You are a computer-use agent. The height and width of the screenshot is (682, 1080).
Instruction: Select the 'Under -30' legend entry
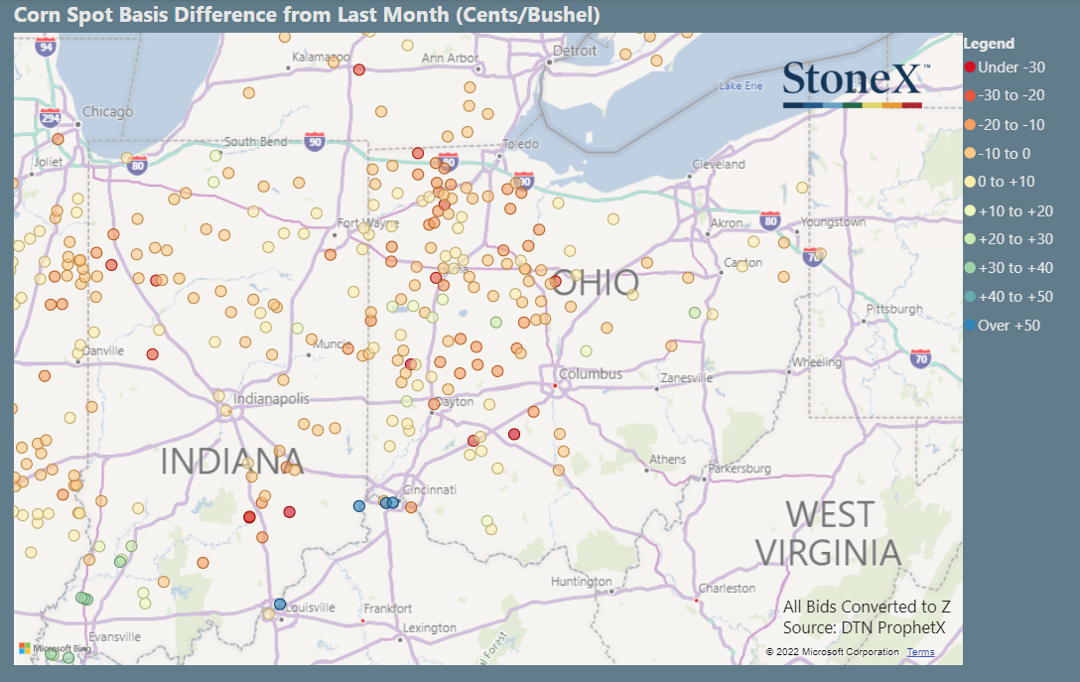(1006, 68)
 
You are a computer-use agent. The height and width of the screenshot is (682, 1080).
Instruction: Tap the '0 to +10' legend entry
(1006, 182)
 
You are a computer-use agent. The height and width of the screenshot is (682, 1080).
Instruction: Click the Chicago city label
(106, 112)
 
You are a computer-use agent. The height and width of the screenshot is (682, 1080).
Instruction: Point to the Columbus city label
(590, 374)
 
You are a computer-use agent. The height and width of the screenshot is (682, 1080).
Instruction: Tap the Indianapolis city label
(270, 399)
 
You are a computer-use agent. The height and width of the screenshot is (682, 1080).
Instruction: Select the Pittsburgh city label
(893, 309)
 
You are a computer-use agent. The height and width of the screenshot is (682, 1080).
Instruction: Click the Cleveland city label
(718, 164)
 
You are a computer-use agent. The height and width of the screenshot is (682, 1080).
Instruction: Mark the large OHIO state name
(595, 283)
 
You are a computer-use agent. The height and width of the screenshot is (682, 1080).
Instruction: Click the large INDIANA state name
(230, 462)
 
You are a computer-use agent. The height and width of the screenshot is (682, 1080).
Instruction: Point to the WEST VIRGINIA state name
(829, 533)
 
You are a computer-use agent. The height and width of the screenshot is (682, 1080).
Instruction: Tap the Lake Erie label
(741, 86)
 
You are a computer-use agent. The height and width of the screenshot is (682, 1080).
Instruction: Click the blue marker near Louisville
(280, 604)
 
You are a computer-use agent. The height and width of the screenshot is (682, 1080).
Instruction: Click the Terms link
(919, 652)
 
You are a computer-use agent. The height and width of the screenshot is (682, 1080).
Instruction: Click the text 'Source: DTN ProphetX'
(864, 627)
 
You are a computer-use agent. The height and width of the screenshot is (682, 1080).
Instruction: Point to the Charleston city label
(728, 589)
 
